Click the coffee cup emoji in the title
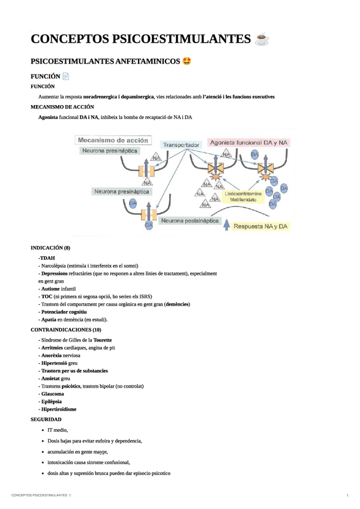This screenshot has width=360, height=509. [262, 40]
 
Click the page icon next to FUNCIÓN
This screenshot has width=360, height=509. [67, 76]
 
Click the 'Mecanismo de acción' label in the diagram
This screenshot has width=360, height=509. [113, 139]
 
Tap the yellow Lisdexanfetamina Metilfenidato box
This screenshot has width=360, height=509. [243, 197]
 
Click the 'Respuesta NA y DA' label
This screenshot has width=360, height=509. [262, 226]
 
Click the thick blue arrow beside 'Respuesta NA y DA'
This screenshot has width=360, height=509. [226, 224]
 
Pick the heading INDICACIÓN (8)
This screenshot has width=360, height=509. [50, 248]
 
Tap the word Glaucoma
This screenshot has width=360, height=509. [51, 394]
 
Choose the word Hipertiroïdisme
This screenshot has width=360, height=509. [58, 409]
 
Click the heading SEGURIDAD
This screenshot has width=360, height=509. [46, 418]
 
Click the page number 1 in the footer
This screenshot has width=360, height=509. [347, 495]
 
